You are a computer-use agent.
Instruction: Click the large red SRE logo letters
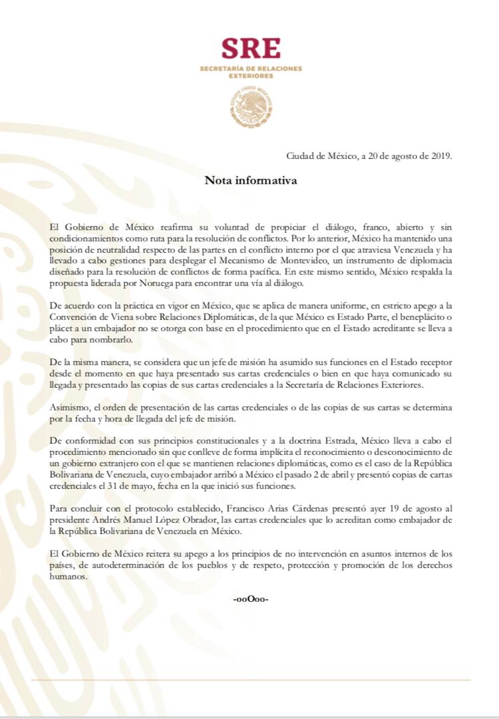[251, 49]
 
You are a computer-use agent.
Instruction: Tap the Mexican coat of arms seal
[251, 104]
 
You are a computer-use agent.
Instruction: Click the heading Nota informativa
[250, 180]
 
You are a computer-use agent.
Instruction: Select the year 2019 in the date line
[439, 156]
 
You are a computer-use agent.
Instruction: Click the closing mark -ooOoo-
[250, 599]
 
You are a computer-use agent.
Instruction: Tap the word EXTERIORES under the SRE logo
[250, 76]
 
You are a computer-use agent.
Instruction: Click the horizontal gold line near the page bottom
[250, 680]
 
